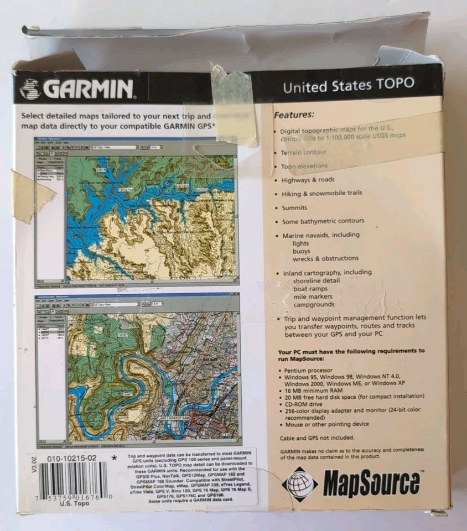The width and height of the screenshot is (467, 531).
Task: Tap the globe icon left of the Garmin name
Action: [30, 89]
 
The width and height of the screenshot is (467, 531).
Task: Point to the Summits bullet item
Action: [297, 207]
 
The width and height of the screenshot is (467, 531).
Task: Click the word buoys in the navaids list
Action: [302, 251]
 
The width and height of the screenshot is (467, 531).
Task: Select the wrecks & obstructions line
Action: [325, 258]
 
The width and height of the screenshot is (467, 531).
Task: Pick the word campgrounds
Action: [314, 304]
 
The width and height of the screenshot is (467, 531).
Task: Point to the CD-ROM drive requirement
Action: [305, 403]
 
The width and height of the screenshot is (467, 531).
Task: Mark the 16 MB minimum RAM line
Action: [313, 390]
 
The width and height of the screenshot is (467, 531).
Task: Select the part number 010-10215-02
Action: [72, 458]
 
